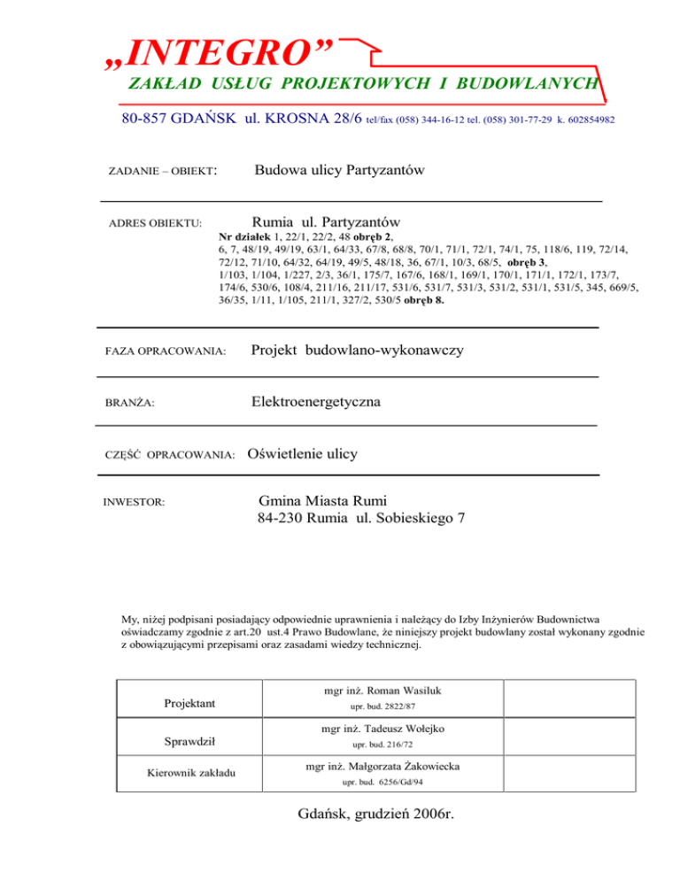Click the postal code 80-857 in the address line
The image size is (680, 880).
point(148,118)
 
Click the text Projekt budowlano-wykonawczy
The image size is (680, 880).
point(357,351)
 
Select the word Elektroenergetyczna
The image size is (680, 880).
point(316,402)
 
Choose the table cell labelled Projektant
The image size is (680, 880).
point(189,703)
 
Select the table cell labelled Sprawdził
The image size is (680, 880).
point(189,740)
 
